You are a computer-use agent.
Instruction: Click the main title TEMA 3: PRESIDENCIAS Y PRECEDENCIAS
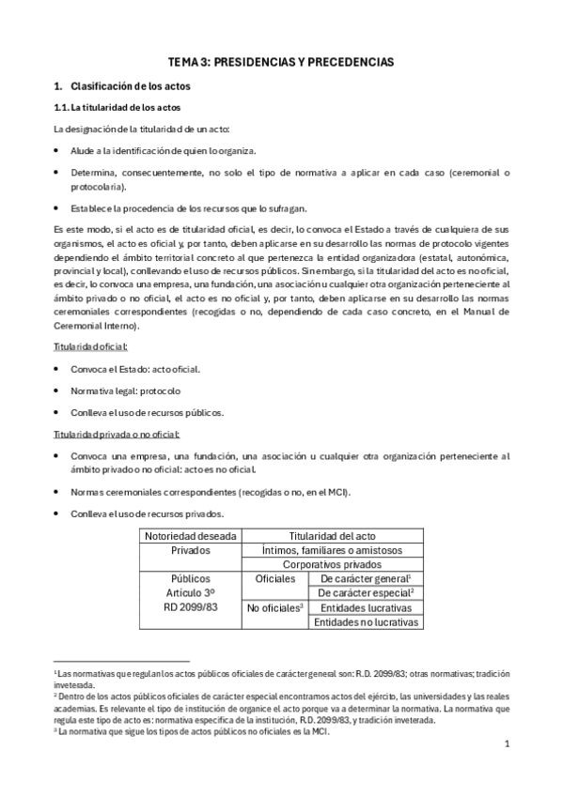[280, 61]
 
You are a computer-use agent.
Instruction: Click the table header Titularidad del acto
[333, 535]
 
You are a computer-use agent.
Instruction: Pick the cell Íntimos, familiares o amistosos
[333, 550]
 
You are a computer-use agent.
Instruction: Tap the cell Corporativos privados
[333, 565]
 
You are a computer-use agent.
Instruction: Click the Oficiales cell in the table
[274, 579]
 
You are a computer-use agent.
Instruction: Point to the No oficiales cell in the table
[274, 608]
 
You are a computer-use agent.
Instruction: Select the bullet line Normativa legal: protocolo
[125, 390]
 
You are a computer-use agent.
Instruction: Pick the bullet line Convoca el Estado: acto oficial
[134, 369]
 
